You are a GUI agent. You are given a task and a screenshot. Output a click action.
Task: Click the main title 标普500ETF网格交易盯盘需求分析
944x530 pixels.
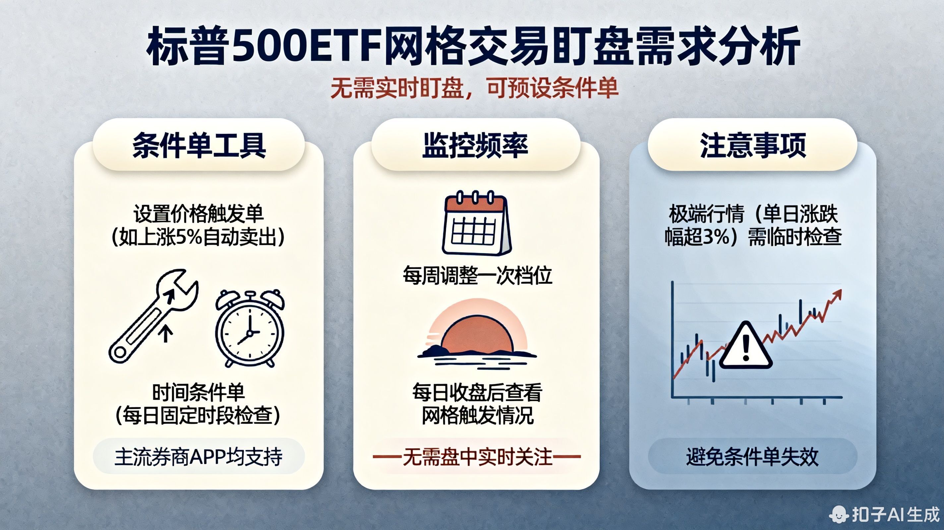[473, 46]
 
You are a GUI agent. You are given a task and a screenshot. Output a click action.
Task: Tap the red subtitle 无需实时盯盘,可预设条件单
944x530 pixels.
[474, 89]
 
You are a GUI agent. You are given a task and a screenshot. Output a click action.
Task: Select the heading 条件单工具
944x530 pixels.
[199, 145]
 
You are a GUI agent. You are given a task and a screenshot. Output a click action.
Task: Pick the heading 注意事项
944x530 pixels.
[753, 145]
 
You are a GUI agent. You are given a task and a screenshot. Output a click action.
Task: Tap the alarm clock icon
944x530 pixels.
[250, 329]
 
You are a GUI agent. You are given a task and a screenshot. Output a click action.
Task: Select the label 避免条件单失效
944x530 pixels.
[752, 457]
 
